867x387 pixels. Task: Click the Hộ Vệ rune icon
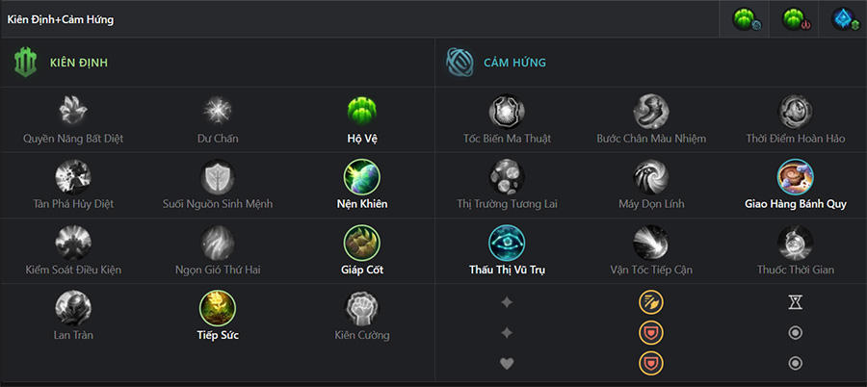(x=362, y=111)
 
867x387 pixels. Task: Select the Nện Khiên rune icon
(x=362, y=177)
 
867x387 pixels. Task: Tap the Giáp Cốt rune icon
(x=362, y=243)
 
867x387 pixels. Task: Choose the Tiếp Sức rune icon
(x=218, y=308)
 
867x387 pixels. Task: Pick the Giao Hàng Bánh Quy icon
(x=795, y=177)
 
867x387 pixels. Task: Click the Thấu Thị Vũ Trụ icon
(x=507, y=243)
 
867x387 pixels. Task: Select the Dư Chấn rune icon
(x=218, y=111)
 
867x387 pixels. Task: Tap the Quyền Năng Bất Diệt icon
(x=73, y=111)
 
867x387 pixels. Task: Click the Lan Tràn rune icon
(x=73, y=308)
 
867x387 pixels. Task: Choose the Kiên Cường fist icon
(x=362, y=308)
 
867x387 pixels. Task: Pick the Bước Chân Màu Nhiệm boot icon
(x=651, y=111)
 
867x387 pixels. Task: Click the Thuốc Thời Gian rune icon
(x=795, y=243)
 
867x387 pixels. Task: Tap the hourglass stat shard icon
(x=795, y=302)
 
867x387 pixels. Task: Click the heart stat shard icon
(x=507, y=363)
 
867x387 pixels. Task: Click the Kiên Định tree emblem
(x=25, y=63)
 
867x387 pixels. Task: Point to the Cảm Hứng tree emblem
(x=460, y=63)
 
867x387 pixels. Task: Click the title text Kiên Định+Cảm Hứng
(x=61, y=19)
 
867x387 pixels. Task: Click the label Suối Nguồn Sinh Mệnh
(x=218, y=204)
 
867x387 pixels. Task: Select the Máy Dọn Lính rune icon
(x=651, y=177)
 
